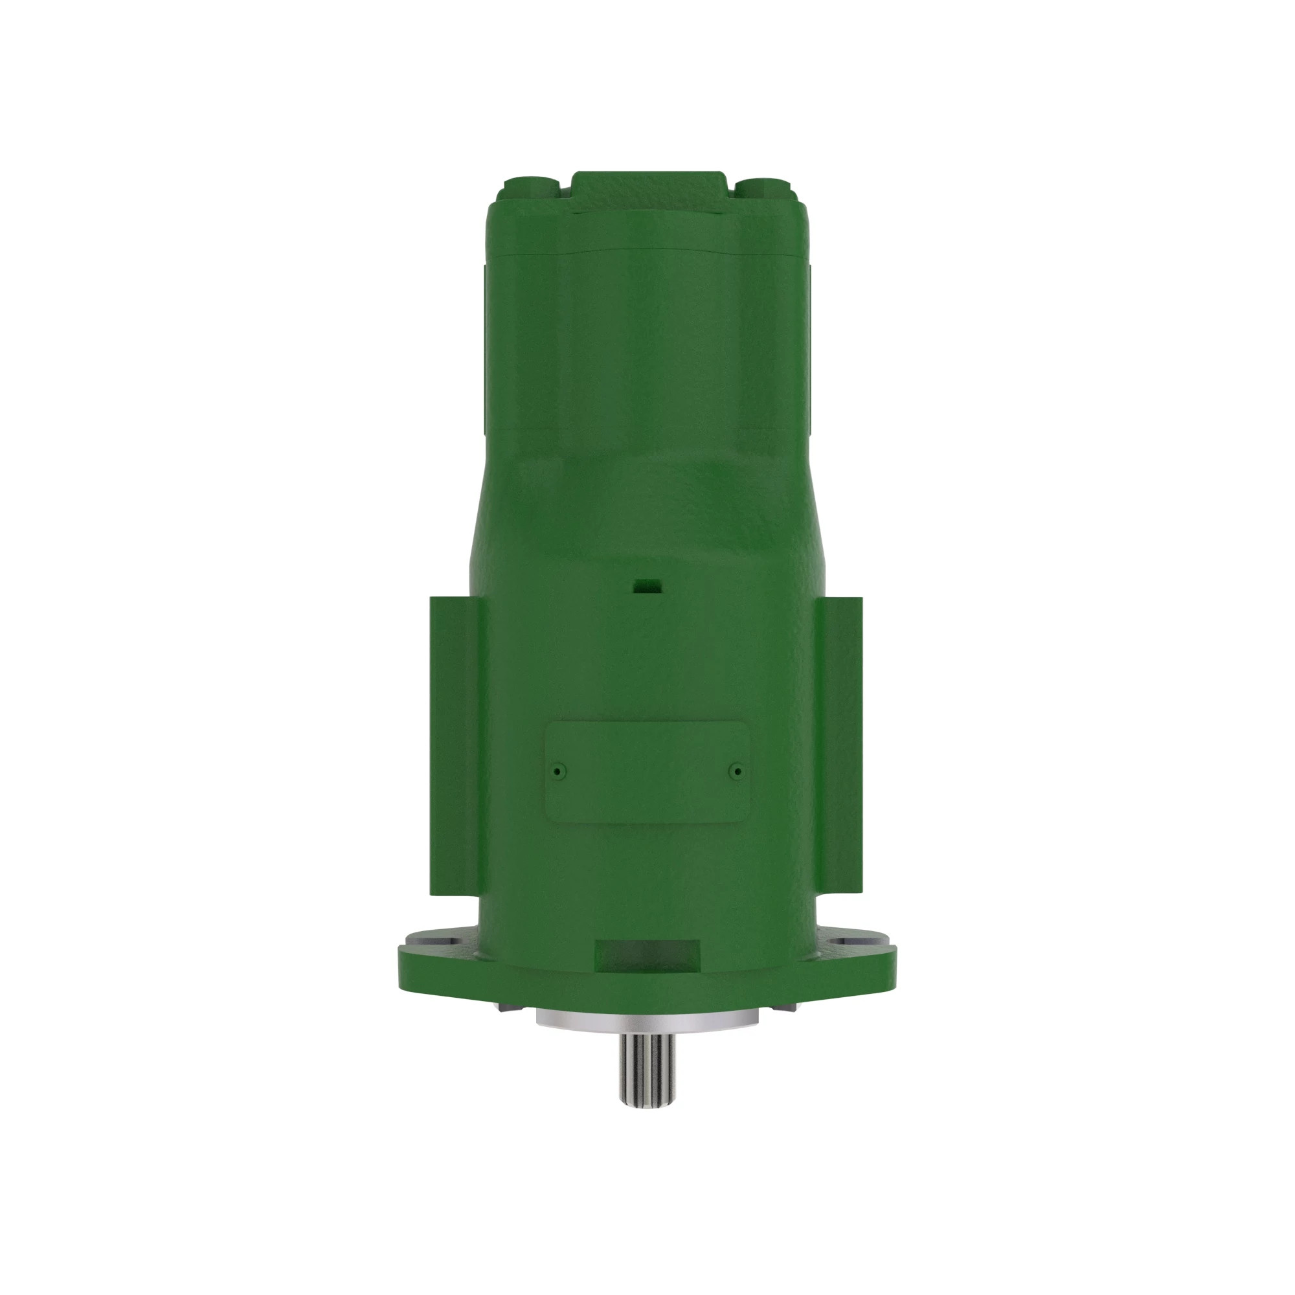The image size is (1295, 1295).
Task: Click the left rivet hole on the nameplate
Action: (557, 772)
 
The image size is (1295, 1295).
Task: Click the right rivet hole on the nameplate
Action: (738, 772)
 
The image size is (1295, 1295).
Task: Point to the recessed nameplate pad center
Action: (647, 772)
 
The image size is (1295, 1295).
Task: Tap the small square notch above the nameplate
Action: (647, 586)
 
